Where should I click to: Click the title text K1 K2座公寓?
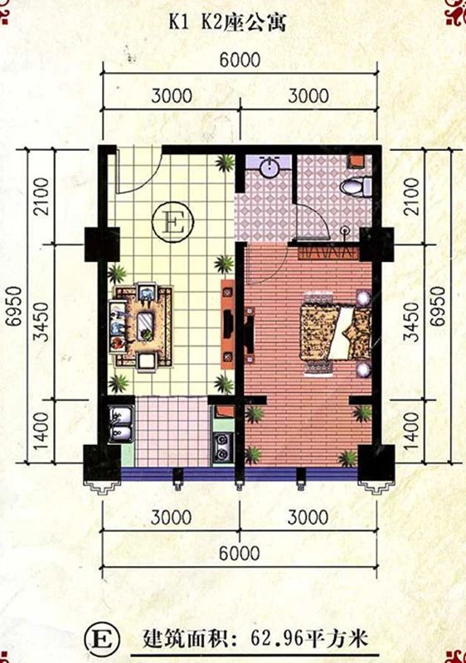227,22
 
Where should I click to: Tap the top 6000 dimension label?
240,60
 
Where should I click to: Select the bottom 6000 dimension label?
239,553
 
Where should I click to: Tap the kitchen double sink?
121,423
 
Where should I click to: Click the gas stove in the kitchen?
222,447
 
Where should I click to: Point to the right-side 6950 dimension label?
438,306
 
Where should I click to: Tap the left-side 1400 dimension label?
41,431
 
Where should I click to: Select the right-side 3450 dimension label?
411,322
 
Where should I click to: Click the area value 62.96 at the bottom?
277,638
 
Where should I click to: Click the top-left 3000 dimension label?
172,95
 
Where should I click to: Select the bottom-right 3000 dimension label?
308,517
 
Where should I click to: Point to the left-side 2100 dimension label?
41,196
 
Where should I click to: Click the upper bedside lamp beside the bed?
363,298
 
